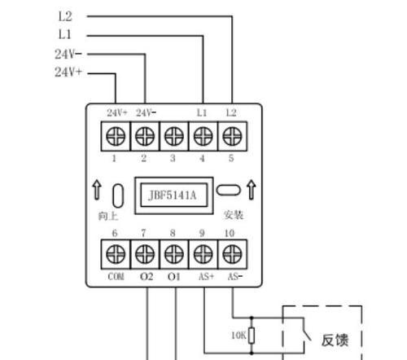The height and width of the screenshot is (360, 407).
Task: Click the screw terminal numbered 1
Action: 116,136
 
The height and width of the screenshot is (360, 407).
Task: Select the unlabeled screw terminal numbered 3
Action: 174,136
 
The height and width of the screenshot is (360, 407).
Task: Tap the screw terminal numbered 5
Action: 232,136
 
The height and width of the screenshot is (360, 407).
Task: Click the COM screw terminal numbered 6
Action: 116,254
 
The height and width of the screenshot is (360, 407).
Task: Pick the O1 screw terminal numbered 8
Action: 174,254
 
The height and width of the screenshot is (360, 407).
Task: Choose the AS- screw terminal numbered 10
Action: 232,254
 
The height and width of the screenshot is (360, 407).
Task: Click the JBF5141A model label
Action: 173,195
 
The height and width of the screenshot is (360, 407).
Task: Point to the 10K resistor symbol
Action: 252,336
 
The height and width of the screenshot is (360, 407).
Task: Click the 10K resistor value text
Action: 239,336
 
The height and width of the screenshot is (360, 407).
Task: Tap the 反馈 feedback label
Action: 335,340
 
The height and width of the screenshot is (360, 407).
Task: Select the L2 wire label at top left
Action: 65,16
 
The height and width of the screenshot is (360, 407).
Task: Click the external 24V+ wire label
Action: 68,72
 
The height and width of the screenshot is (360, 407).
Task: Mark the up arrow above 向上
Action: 97,190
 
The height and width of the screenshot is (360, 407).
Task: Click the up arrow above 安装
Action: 252,190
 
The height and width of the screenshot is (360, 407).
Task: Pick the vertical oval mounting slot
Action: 118,195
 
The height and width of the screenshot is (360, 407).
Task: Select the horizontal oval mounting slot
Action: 228,190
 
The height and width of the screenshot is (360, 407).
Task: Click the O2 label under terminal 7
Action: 147,277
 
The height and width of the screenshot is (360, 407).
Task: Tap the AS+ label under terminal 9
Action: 206,277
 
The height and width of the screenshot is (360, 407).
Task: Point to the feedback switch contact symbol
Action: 307,329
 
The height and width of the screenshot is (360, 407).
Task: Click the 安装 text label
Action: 234,215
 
